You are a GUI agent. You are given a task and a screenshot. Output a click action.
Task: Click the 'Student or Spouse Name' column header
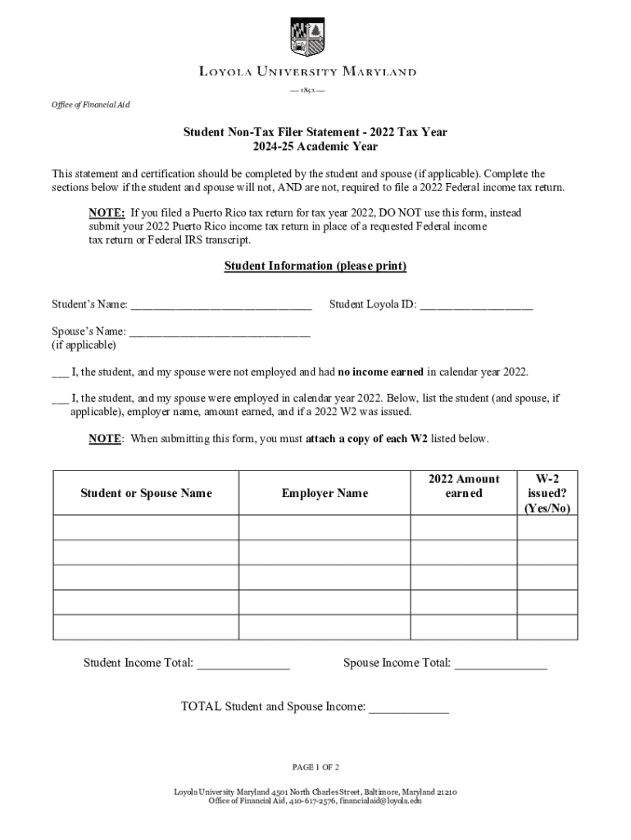click(x=146, y=493)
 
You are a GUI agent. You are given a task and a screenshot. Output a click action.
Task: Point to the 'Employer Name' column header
click(x=325, y=493)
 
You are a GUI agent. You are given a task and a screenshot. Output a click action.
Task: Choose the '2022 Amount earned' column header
click(x=463, y=486)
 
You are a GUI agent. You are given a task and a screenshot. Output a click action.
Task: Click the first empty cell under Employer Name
click(x=325, y=527)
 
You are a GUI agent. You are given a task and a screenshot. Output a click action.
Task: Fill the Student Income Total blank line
click(x=243, y=664)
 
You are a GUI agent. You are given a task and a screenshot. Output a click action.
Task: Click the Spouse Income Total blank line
click(x=500, y=664)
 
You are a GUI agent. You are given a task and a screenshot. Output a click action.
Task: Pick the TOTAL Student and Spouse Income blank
click(x=408, y=707)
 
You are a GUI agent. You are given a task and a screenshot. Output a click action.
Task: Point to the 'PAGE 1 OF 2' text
click(x=315, y=768)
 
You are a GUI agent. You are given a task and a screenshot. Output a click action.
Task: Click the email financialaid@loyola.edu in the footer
click(x=380, y=801)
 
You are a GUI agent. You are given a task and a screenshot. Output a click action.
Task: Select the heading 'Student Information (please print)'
click(x=315, y=267)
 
